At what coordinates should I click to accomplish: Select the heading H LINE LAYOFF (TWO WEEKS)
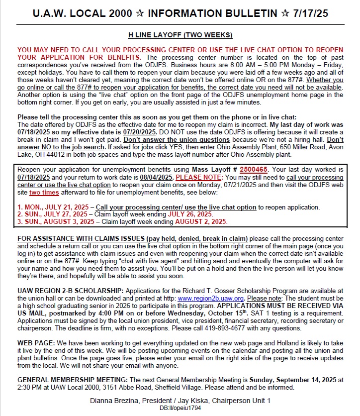tap(180, 35)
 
